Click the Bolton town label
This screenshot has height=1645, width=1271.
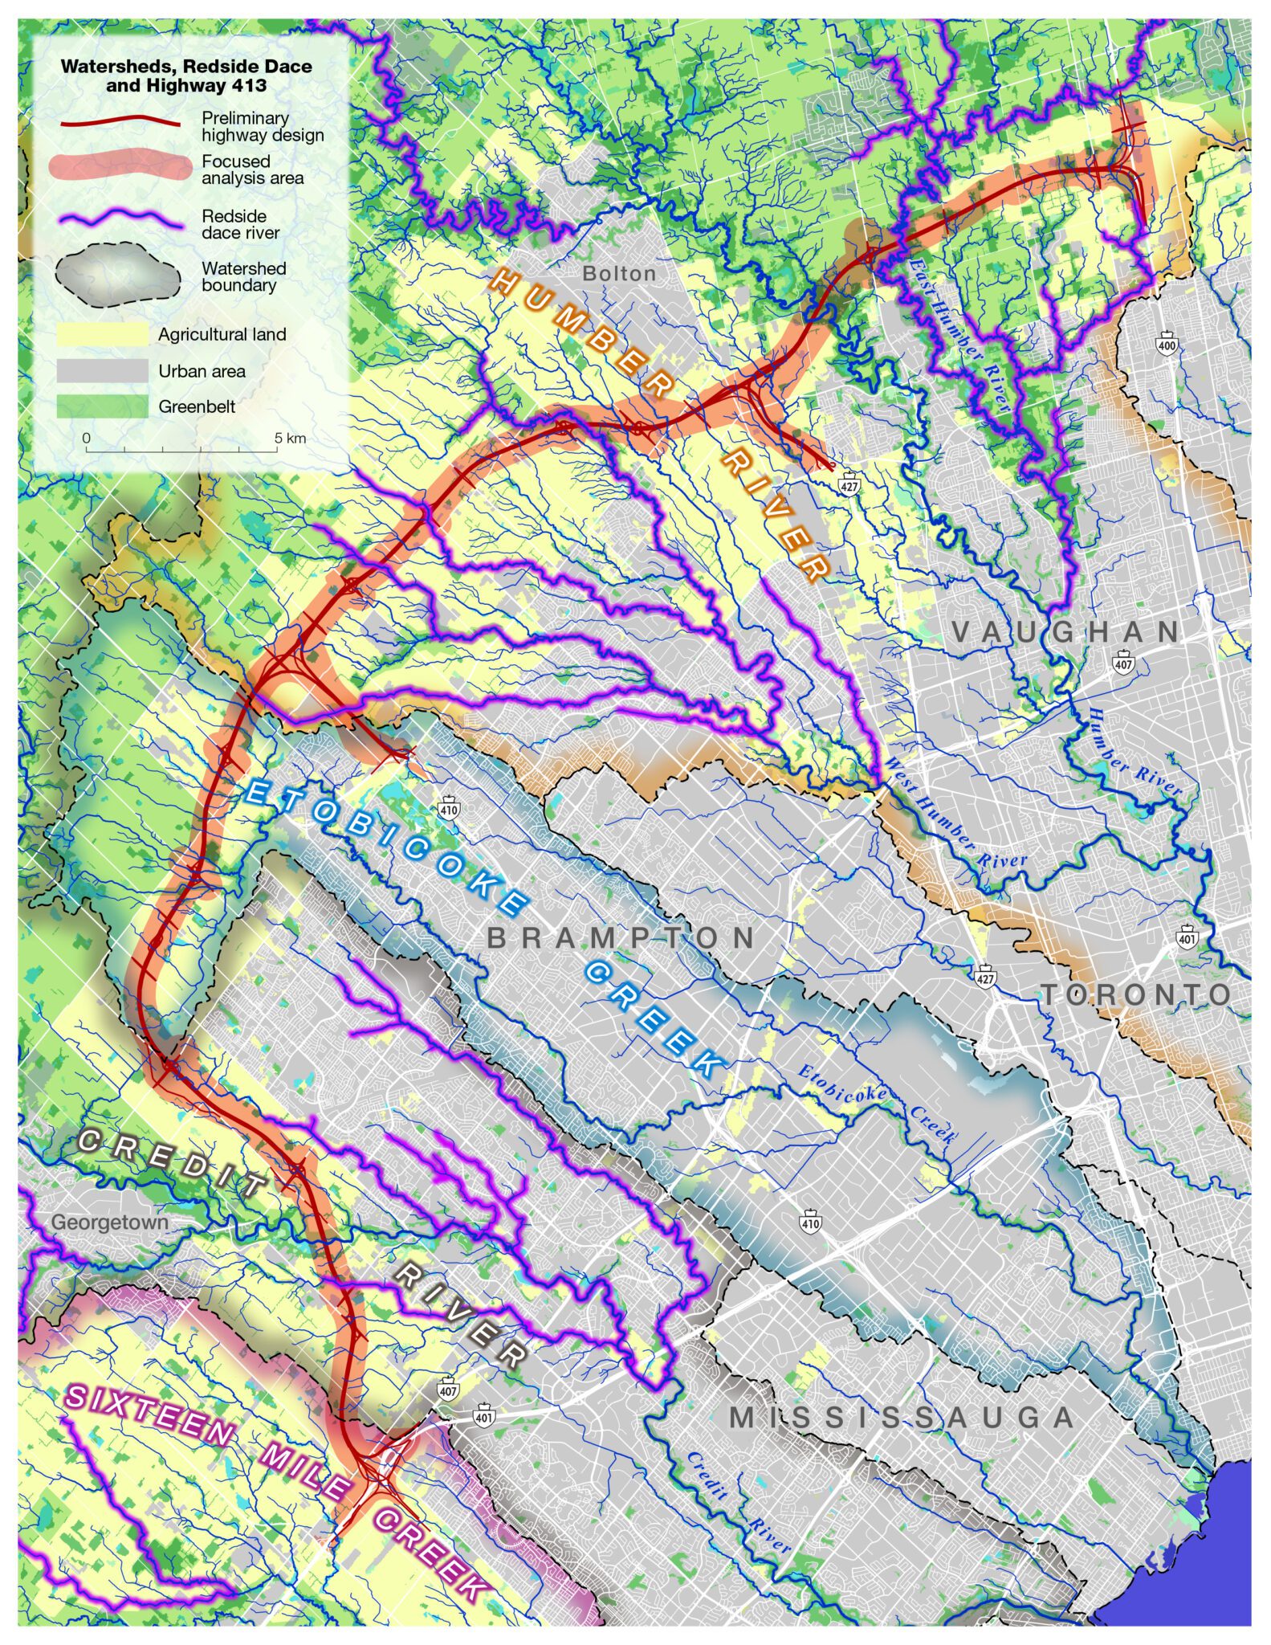[619, 274]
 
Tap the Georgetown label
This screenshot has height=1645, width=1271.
[110, 1223]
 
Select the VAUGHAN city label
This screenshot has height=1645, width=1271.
[1066, 632]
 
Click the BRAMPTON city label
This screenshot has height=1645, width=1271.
[621, 938]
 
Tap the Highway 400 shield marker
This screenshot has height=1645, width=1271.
[1167, 344]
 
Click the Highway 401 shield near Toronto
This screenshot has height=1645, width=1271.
[1187, 937]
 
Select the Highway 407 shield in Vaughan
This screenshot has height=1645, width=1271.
[1123, 663]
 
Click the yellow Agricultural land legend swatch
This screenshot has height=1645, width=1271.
[103, 334]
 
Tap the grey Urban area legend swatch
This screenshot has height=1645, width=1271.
[103, 371]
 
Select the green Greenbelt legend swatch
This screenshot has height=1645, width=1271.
[103, 406]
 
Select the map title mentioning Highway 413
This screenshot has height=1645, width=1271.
[186, 76]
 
